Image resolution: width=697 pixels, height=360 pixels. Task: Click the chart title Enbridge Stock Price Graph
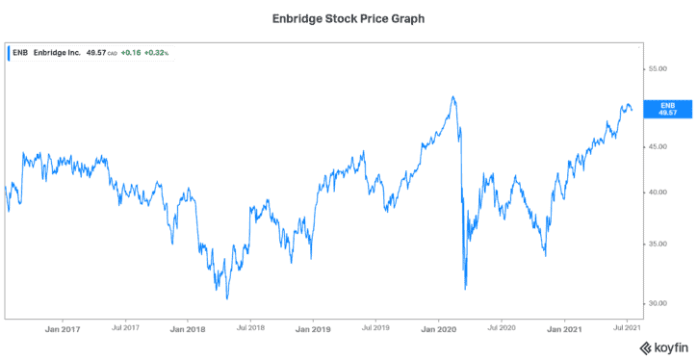348,18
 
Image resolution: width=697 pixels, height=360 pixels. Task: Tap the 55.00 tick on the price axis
658,69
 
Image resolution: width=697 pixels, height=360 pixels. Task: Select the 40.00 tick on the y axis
658,193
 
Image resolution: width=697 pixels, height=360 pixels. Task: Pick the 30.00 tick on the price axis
658,303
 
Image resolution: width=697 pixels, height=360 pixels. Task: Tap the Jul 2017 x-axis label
125,328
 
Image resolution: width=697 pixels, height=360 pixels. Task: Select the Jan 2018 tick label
187,328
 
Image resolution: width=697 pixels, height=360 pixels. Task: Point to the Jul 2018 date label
250,328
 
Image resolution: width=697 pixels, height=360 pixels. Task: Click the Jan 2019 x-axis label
313,328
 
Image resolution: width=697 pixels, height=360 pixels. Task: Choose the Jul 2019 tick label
375,328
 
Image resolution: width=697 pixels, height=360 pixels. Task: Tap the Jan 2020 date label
439,328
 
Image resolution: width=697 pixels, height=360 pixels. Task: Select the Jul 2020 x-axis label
502,328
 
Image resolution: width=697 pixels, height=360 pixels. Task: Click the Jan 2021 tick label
564,328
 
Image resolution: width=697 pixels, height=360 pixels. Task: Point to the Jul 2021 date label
627,328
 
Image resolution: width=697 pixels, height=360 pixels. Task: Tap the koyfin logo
664,346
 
